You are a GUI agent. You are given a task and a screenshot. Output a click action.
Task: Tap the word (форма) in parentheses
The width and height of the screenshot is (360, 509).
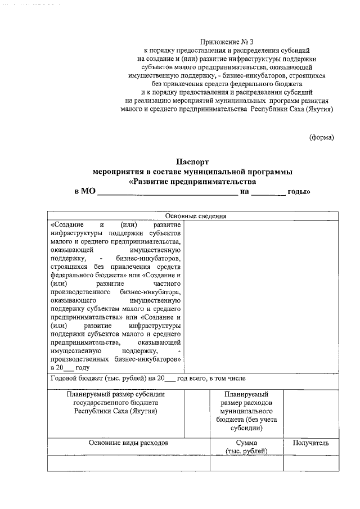322,137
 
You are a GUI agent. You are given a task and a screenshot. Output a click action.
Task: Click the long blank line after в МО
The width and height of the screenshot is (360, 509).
167,192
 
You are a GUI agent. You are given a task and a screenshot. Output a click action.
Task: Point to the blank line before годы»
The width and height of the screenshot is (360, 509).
268,192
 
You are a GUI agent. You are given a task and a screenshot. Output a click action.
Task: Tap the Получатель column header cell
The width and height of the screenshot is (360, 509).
310,443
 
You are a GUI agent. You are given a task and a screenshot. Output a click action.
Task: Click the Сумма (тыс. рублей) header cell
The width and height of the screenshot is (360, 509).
246,447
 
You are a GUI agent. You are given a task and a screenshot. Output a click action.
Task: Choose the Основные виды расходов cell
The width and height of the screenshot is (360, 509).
129,443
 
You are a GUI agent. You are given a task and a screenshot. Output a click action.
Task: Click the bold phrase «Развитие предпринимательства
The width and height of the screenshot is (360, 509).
192,182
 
